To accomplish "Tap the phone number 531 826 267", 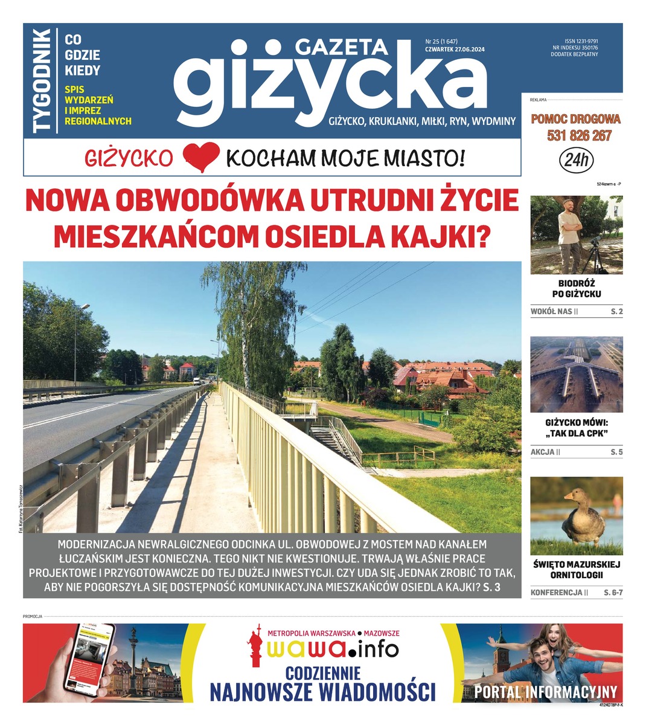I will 579,136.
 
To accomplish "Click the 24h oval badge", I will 577,161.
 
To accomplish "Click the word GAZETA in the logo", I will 341,48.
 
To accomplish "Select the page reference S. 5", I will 616,452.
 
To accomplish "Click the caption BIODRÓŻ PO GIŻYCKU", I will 576,289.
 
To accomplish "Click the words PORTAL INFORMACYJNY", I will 545,692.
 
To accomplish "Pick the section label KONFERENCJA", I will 556,593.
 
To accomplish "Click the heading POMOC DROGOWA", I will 575,119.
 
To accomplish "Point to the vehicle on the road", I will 197,381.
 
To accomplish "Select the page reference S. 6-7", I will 613,593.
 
